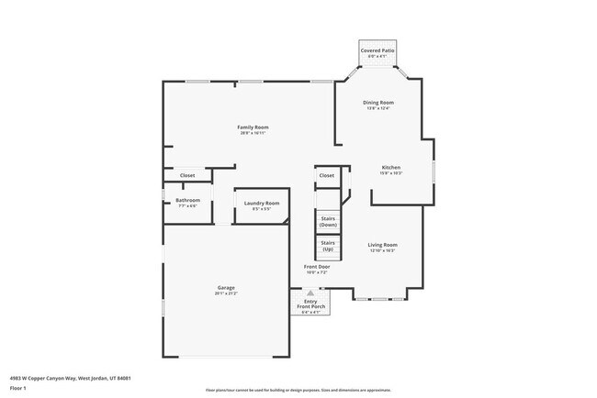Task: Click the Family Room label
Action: pyautogui.click(x=253, y=127)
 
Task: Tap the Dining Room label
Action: pyautogui.click(x=379, y=102)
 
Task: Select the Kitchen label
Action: pyautogui.click(x=391, y=167)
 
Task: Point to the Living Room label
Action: pyautogui.click(x=382, y=245)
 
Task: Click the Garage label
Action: pyautogui.click(x=226, y=288)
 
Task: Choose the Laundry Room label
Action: pyautogui.click(x=262, y=202)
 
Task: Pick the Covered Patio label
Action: pyautogui.click(x=377, y=51)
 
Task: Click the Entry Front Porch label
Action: pyautogui.click(x=310, y=304)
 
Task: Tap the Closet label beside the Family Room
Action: pyautogui.click(x=187, y=175)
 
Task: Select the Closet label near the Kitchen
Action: pyautogui.click(x=327, y=175)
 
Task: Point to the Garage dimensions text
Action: pyautogui.click(x=226, y=293)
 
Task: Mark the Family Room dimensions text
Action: pyautogui.click(x=253, y=133)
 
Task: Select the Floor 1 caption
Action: pyautogui.click(x=19, y=388)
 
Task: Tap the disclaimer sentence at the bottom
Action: pyautogui.click(x=298, y=390)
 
